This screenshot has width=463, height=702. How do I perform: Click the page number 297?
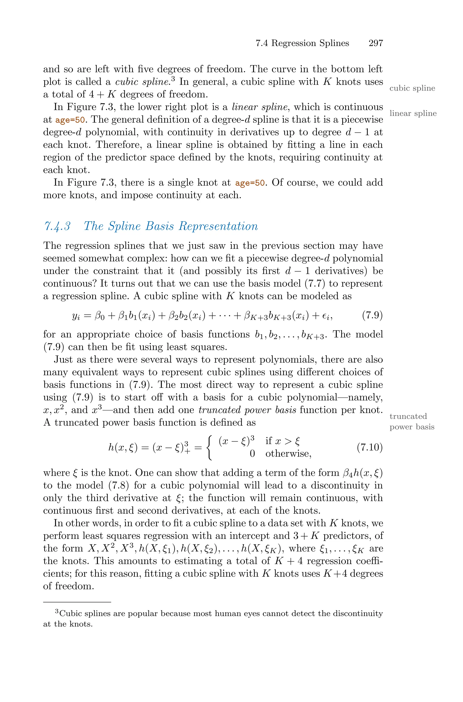(x=376, y=43)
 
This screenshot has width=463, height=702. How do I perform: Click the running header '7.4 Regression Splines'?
(x=302, y=43)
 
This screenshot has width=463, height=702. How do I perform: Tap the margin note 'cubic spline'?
(x=412, y=88)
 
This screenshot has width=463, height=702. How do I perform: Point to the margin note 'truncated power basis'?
(x=412, y=422)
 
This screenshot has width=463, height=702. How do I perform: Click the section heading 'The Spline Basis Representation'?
(x=171, y=226)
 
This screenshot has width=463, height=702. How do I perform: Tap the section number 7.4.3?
(x=57, y=226)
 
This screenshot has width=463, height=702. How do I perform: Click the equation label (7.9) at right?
(x=372, y=316)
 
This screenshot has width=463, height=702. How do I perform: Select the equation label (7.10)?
(x=369, y=447)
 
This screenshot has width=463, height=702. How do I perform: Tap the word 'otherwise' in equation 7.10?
(x=288, y=454)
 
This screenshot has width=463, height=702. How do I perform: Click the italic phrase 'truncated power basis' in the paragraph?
(x=248, y=410)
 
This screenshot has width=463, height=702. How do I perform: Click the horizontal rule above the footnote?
(x=77, y=602)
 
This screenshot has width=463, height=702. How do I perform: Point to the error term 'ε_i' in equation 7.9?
(x=327, y=316)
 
